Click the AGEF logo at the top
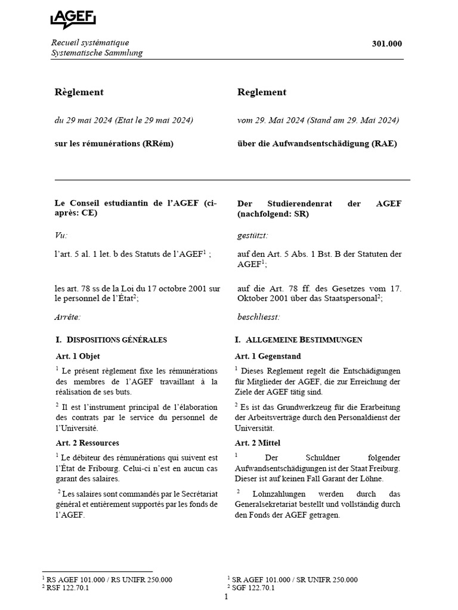coord(73,18)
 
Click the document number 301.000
coord(388,43)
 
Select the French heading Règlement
coord(79,92)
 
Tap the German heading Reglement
coord(262,92)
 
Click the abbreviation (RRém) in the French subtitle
coord(158,144)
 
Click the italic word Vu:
coord(61,235)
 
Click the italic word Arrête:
coord(67,318)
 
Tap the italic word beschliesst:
coord(258,318)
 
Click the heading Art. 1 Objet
coord(78,356)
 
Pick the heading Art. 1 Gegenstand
coord(266,356)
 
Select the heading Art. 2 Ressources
coord(87,443)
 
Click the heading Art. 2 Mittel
coord(258,443)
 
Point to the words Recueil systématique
coord(90,42)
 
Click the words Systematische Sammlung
coord(97,53)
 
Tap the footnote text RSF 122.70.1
coord(67,587)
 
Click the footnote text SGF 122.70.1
coord(253,587)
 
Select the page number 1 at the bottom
coord(227,597)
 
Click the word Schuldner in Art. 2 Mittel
coord(323,457)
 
